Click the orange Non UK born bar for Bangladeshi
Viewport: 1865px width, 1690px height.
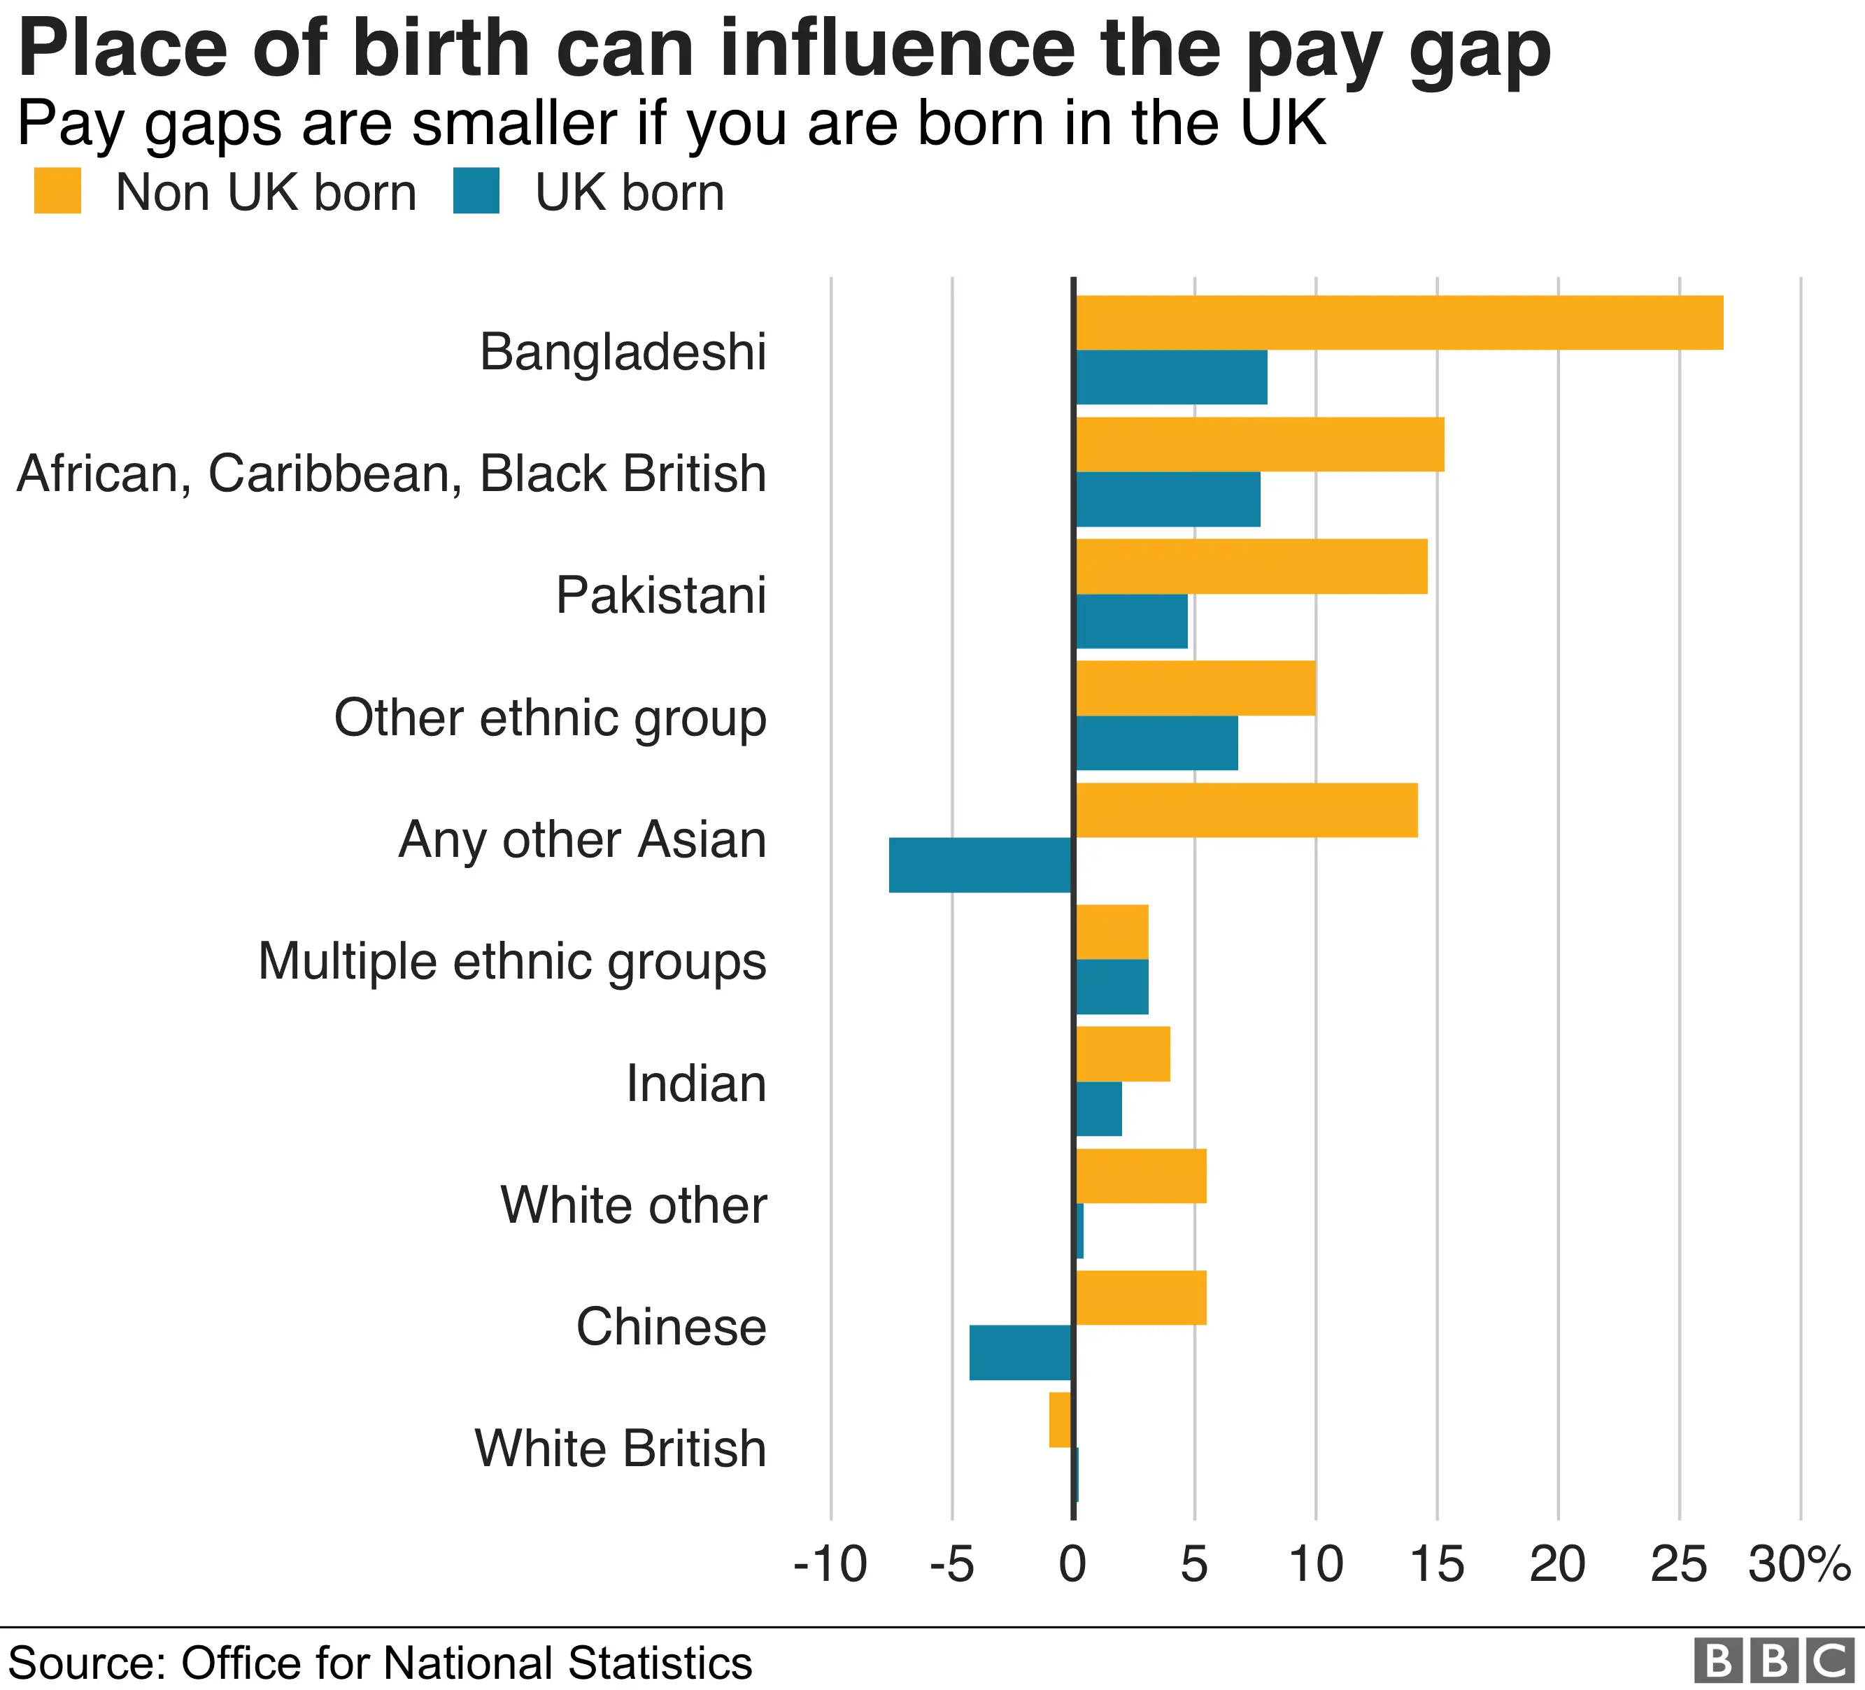[1399, 323]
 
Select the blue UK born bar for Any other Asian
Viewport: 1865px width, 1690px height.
[981, 865]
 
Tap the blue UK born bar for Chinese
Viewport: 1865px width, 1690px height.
[1021, 1352]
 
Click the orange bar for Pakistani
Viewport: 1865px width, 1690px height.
[1251, 566]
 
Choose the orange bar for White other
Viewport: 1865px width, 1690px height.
[1141, 1176]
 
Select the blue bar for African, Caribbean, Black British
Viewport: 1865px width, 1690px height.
[1168, 499]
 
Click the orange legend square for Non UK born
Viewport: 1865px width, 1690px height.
[57, 192]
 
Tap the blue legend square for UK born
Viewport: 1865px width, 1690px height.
[476, 192]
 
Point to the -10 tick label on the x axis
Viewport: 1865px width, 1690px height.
[830, 1565]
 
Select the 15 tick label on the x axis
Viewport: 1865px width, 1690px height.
[1437, 1565]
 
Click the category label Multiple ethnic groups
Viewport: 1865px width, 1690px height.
[511, 962]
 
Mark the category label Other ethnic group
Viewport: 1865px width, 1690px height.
[550, 718]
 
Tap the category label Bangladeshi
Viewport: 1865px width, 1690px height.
[623, 353]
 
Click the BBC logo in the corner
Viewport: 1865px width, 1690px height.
[1774, 1661]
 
